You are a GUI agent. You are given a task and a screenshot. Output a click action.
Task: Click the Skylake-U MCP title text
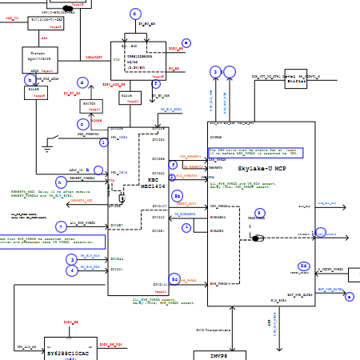pos(262,169)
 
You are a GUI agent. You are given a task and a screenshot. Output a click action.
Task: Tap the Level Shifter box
pos(296,78)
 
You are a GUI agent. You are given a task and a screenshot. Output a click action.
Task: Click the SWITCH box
pos(89,104)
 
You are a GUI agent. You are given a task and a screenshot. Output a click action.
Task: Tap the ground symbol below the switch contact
pos(47,149)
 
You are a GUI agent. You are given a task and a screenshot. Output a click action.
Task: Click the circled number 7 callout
pos(61,226)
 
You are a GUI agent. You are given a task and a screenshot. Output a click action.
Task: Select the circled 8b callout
pos(178,195)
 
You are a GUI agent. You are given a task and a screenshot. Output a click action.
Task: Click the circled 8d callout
pos(303,266)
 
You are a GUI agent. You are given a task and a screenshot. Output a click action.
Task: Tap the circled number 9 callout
pos(259,212)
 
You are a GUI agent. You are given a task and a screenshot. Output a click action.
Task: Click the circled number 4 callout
pos(72,270)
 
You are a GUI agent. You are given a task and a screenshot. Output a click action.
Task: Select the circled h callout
pos(61,182)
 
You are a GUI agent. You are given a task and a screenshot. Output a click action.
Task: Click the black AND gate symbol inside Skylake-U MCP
pos(258,238)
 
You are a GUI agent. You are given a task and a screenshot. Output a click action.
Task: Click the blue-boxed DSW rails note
pos(255,152)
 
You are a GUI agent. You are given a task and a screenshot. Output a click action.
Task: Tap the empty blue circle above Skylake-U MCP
pos(230,71)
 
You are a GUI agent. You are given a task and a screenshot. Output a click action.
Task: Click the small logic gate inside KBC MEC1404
pos(122,198)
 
